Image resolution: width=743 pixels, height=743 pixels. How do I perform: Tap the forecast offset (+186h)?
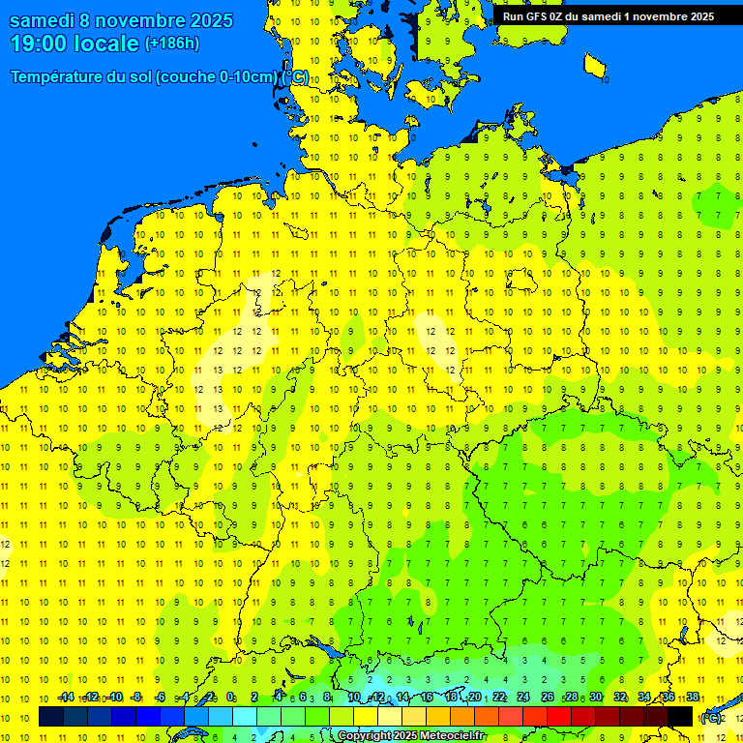pos(171,44)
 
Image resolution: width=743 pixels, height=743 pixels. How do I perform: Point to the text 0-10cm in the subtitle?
pos(248,77)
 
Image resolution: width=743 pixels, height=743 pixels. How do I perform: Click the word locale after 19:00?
pos(108,44)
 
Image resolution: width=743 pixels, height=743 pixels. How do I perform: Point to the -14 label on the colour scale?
pos(66,698)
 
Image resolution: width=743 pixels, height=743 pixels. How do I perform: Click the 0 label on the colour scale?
pos(230,698)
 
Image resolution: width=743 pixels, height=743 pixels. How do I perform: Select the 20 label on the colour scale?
pos(474,698)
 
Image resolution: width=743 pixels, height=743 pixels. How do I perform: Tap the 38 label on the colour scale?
pos(693,698)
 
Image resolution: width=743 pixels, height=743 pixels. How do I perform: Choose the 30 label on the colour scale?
pos(596,698)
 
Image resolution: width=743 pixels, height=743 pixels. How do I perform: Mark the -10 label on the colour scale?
pos(114,698)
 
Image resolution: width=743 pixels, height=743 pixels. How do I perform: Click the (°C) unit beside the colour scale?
pos(711,717)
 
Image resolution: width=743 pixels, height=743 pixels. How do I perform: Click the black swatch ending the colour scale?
pos(680,717)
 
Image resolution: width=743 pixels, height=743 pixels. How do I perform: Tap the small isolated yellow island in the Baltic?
pos(595,65)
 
